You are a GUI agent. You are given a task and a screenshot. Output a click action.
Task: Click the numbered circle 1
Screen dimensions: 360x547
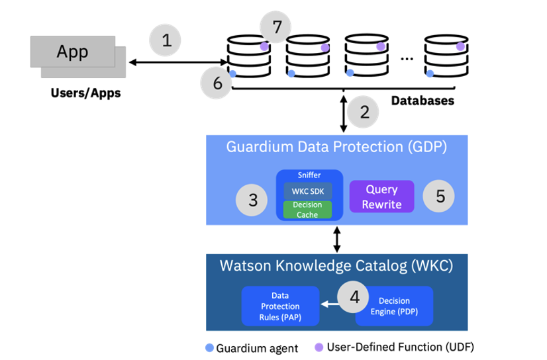click(x=166, y=40)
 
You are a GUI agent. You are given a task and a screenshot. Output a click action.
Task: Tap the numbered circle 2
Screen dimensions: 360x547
click(x=364, y=112)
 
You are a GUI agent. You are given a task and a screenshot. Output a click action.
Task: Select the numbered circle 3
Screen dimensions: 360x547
click(x=252, y=199)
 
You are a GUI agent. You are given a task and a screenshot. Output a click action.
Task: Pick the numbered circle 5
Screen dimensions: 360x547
click(x=439, y=196)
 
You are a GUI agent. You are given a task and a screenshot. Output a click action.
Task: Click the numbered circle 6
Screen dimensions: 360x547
click(x=217, y=83)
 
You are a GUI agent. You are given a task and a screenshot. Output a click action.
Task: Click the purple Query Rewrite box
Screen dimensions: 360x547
click(x=381, y=197)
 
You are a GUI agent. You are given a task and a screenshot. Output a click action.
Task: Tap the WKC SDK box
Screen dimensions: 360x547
click(x=308, y=191)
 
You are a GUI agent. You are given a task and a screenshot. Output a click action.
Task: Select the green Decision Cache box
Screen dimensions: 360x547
click(x=308, y=209)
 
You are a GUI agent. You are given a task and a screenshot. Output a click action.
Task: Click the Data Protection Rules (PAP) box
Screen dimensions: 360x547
click(x=281, y=306)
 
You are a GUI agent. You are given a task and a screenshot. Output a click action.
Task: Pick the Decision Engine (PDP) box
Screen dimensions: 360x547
click(x=395, y=306)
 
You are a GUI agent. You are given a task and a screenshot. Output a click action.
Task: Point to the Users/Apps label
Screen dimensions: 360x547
click(x=86, y=93)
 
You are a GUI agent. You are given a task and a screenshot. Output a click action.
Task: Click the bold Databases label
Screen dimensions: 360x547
click(x=423, y=101)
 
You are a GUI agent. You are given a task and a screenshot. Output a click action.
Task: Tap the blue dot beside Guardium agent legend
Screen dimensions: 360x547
click(x=210, y=347)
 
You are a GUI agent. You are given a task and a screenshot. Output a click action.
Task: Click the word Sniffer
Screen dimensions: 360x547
click(x=309, y=176)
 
